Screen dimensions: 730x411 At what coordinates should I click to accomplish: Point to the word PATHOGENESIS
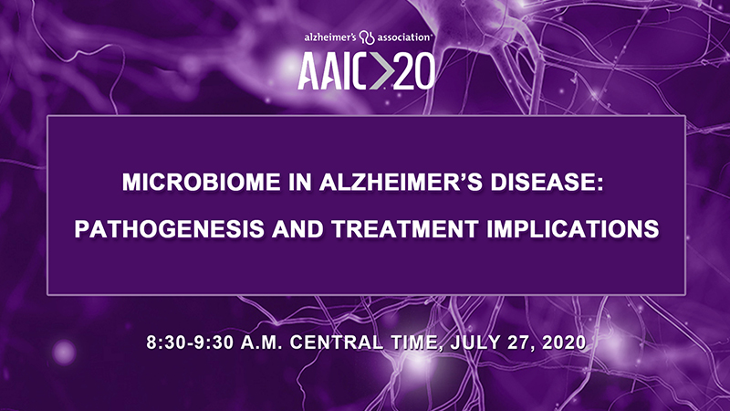[x=170, y=229]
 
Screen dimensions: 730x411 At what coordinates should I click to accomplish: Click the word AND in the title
[x=297, y=229]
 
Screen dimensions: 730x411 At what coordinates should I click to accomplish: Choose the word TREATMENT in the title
[x=404, y=229]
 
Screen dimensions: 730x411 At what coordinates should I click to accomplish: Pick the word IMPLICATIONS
[x=573, y=229]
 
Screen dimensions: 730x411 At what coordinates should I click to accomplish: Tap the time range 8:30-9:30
[x=190, y=342]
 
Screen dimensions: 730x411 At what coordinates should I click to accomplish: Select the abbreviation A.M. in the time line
[x=261, y=342]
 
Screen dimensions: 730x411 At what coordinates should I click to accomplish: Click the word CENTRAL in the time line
[x=337, y=342]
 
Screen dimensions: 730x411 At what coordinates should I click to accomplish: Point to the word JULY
[x=474, y=342]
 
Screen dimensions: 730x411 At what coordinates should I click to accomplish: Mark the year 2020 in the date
[x=564, y=342]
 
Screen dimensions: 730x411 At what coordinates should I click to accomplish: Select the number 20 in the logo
[x=414, y=71]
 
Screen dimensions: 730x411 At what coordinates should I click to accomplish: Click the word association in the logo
[x=403, y=37]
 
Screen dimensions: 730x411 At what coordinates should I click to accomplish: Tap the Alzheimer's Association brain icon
[x=368, y=37]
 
